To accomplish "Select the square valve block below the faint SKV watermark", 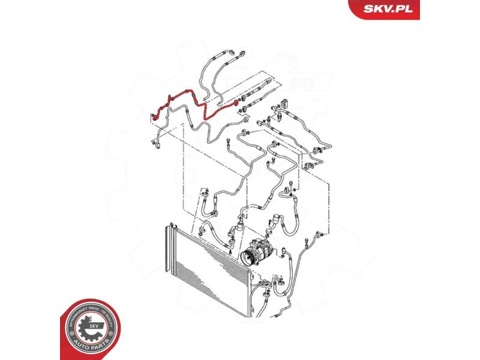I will pos(283,103).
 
